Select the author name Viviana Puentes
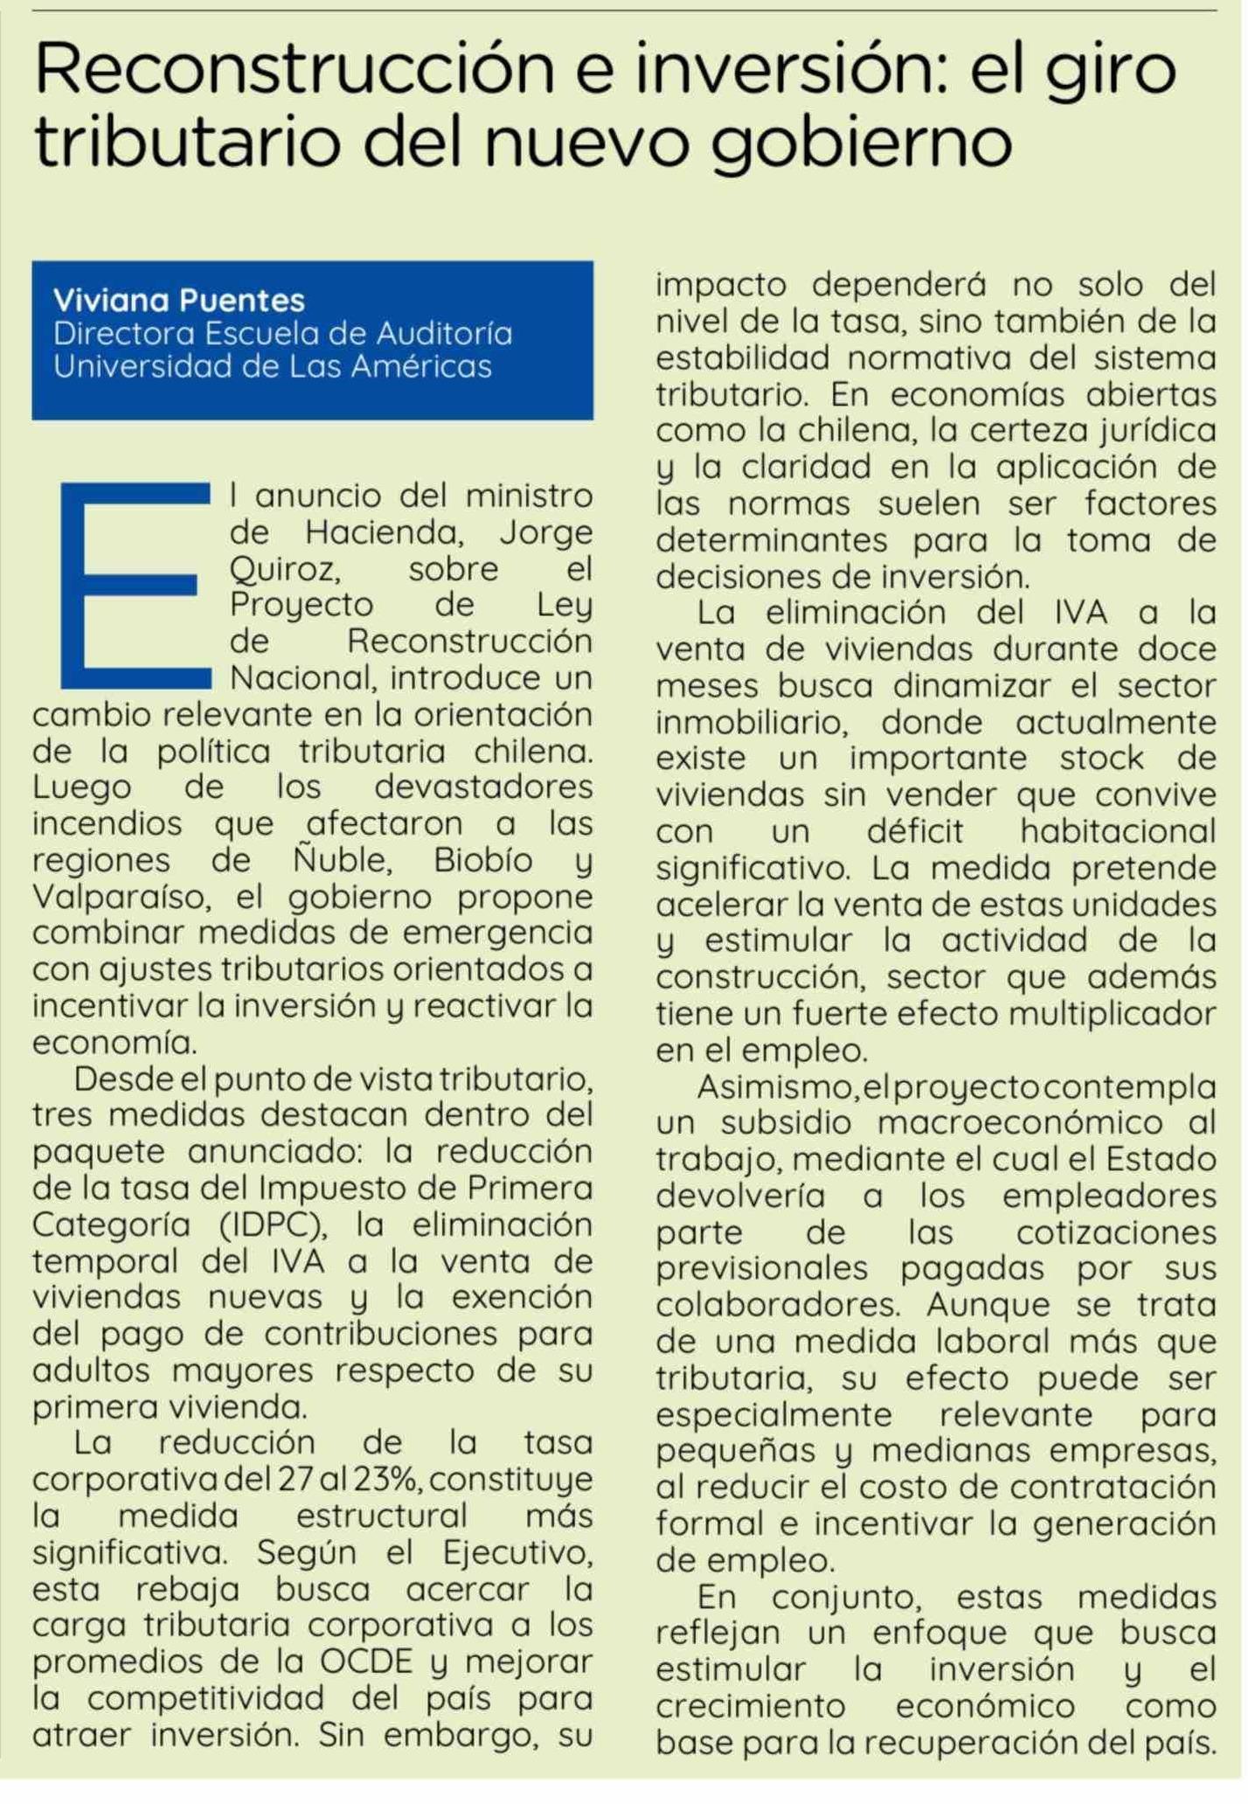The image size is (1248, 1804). [179, 301]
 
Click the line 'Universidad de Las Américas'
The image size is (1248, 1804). [273, 366]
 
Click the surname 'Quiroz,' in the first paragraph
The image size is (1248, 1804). [285, 570]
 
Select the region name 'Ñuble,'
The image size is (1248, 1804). [343, 861]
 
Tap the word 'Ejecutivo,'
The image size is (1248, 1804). [517, 1553]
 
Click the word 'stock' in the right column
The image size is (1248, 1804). [1101, 758]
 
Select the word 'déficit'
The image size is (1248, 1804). [915, 831]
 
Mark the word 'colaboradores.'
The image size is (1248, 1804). [779, 1306]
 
